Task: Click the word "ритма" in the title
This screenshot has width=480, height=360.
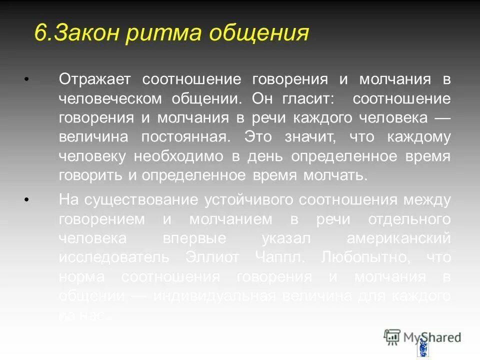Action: pos(162,33)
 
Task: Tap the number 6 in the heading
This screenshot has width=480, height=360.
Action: pos(41,33)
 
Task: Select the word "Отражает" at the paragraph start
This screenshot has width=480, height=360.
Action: pos(95,79)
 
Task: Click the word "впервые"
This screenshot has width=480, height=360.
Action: pos(195,238)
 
